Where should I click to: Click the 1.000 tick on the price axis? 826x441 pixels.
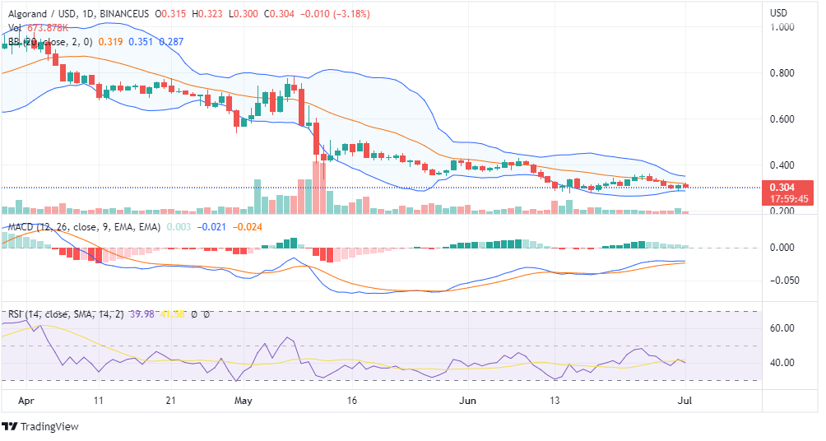click(781, 26)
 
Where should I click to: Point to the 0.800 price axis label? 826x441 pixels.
click(781, 73)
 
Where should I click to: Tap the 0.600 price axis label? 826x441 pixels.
click(781, 119)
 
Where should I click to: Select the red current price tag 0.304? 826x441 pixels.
click(781, 187)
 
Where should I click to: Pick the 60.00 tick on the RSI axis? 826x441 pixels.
click(781, 328)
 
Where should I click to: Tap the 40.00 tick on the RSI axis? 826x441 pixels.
click(781, 363)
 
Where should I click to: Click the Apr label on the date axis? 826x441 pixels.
click(26, 402)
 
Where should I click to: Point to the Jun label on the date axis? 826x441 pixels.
click(467, 402)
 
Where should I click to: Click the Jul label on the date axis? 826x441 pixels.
click(683, 402)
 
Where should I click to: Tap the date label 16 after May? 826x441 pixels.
click(354, 402)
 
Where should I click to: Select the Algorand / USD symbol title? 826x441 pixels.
click(42, 14)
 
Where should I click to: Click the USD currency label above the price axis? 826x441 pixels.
click(778, 13)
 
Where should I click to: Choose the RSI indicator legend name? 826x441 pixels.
click(16, 313)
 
